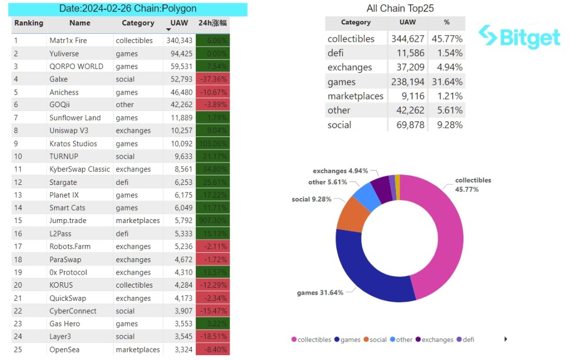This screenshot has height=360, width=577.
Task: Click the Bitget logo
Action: tap(519, 36)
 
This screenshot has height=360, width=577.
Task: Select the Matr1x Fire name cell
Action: tap(68, 41)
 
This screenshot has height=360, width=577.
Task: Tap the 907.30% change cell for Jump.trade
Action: tap(212, 221)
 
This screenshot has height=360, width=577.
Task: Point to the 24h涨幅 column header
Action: tap(212, 23)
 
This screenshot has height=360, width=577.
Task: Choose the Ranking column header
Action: tap(29, 23)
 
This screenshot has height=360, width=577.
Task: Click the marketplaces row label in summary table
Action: tap(355, 96)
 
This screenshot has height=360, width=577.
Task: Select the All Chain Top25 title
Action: tap(400, 8)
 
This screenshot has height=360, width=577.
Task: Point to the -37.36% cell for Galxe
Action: tap(212, 79)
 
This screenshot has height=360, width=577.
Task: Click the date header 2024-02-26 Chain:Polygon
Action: tap(128, 9)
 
